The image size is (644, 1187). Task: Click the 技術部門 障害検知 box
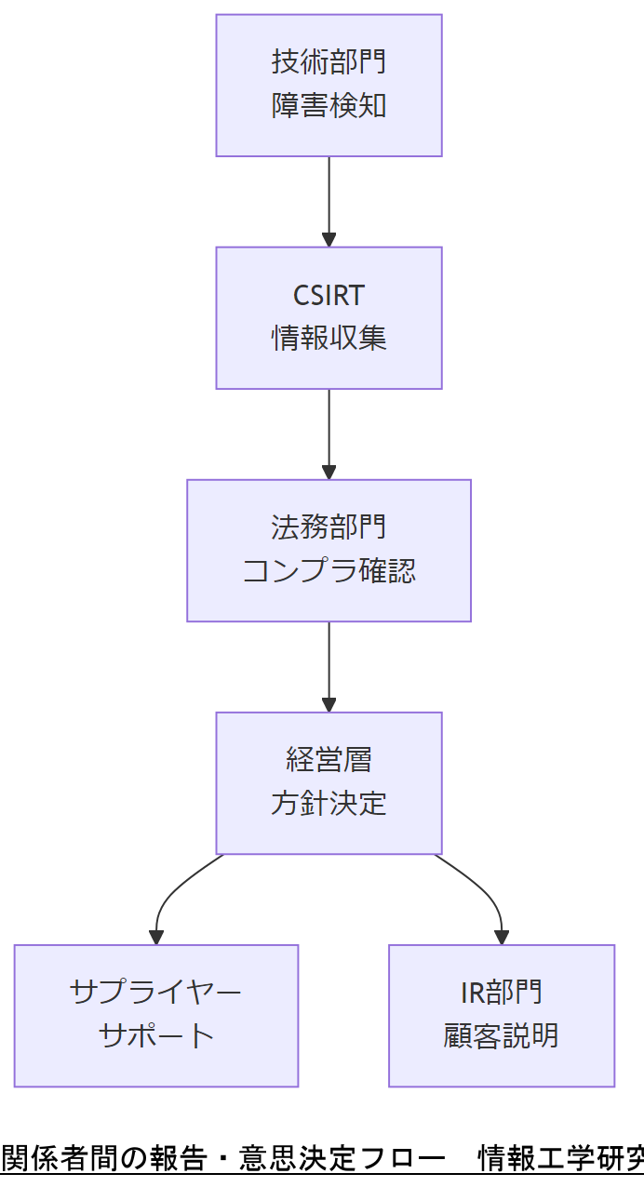[x=329, y=85]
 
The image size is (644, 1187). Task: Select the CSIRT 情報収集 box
[x=329, y=317]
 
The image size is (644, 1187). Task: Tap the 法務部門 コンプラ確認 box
[x=329, y=550]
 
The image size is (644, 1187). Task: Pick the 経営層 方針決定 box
[x=329, y=782]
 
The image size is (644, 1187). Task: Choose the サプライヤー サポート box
[x=155, y=1015]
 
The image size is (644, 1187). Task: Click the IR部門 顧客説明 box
[x=502, y=1015]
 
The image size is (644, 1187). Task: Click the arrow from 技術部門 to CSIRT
[x=329, y=201]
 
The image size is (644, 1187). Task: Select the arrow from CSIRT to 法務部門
[x=329, y=433]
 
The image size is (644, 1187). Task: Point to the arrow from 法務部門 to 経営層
[x=329, y=666]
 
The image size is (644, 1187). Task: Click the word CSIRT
[x=329, y=296]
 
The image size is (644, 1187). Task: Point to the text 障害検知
[x=329, y=106]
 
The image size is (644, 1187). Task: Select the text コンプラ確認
[x=329, y=570]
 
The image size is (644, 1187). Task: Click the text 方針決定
[x=329, y=803]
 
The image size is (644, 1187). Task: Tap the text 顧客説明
[x=502, y=1035]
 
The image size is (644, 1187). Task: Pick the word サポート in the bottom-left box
[x=155, y=1035]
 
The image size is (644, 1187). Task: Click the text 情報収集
[x=329, y=338]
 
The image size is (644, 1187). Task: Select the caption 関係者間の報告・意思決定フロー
[x=223, y=1158]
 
